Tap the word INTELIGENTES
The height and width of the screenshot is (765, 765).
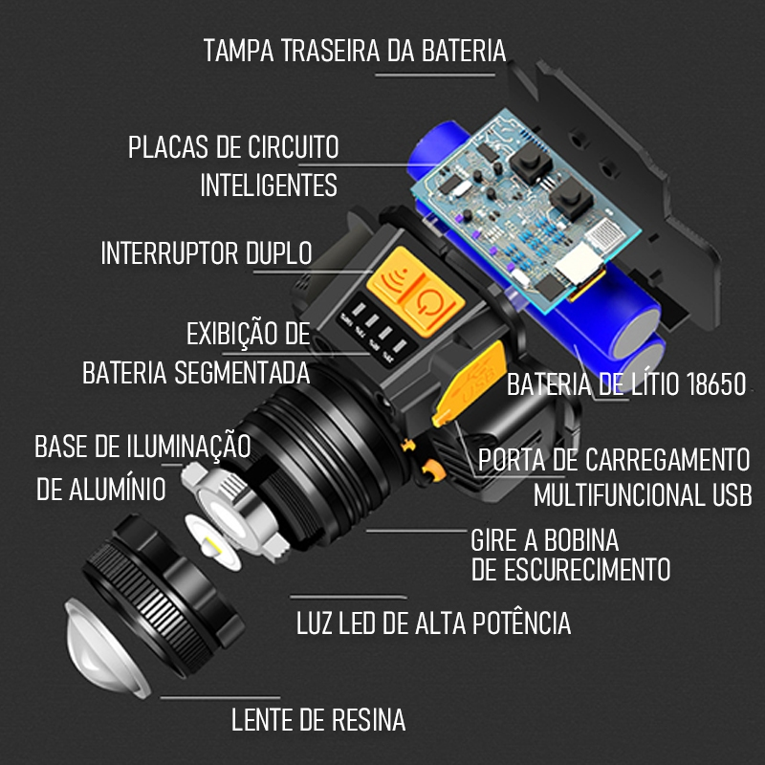(269, 185)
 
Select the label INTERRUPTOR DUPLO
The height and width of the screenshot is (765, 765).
(207, 253)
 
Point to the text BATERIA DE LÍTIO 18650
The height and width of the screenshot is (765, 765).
(625, 385)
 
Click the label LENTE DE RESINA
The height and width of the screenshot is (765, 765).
(318, 720)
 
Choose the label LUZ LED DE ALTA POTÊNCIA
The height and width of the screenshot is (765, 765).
(433, 623)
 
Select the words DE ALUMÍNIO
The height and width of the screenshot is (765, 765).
(100, 489)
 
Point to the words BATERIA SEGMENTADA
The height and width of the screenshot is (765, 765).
(196, 372)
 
